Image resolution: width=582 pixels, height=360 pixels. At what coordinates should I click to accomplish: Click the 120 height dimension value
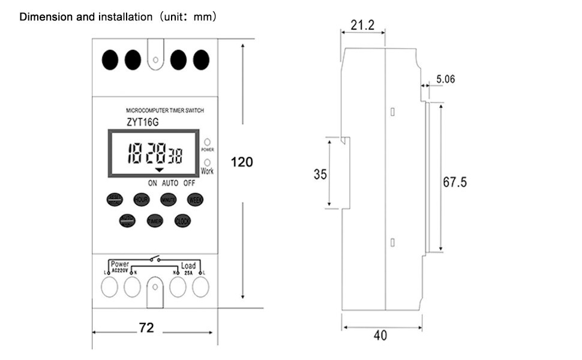point(242,162)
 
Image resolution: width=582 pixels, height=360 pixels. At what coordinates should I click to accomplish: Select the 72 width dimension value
point(146,328)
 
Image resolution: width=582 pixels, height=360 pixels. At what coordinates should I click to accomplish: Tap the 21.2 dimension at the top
point(362,25)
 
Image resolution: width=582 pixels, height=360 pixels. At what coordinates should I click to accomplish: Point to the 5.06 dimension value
point(445,79)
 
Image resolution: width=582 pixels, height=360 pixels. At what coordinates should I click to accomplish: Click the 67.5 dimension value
point(455,182)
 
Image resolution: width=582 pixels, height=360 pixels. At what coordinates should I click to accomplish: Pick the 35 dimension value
point(320,175)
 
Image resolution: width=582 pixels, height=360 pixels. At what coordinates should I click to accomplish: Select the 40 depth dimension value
point(380,335)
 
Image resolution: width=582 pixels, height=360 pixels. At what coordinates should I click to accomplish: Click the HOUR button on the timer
point(142,200)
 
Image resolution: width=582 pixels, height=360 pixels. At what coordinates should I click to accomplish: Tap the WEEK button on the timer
point(195,200)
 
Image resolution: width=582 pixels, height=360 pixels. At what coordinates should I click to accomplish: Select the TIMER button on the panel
point(155,221)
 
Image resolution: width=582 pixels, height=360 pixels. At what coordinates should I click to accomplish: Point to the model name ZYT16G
point(143,122)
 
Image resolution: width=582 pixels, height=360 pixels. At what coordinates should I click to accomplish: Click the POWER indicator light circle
point(207,141)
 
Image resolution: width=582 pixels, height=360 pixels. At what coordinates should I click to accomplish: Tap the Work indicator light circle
point(207,162)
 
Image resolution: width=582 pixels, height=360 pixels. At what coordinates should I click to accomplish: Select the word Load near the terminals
point(188,265)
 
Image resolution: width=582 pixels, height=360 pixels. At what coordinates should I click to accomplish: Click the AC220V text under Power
point(121,270)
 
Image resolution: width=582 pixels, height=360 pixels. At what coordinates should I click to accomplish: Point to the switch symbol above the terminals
point(155,260)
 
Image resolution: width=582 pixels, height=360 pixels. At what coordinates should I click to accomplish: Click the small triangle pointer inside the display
point(160,170)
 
